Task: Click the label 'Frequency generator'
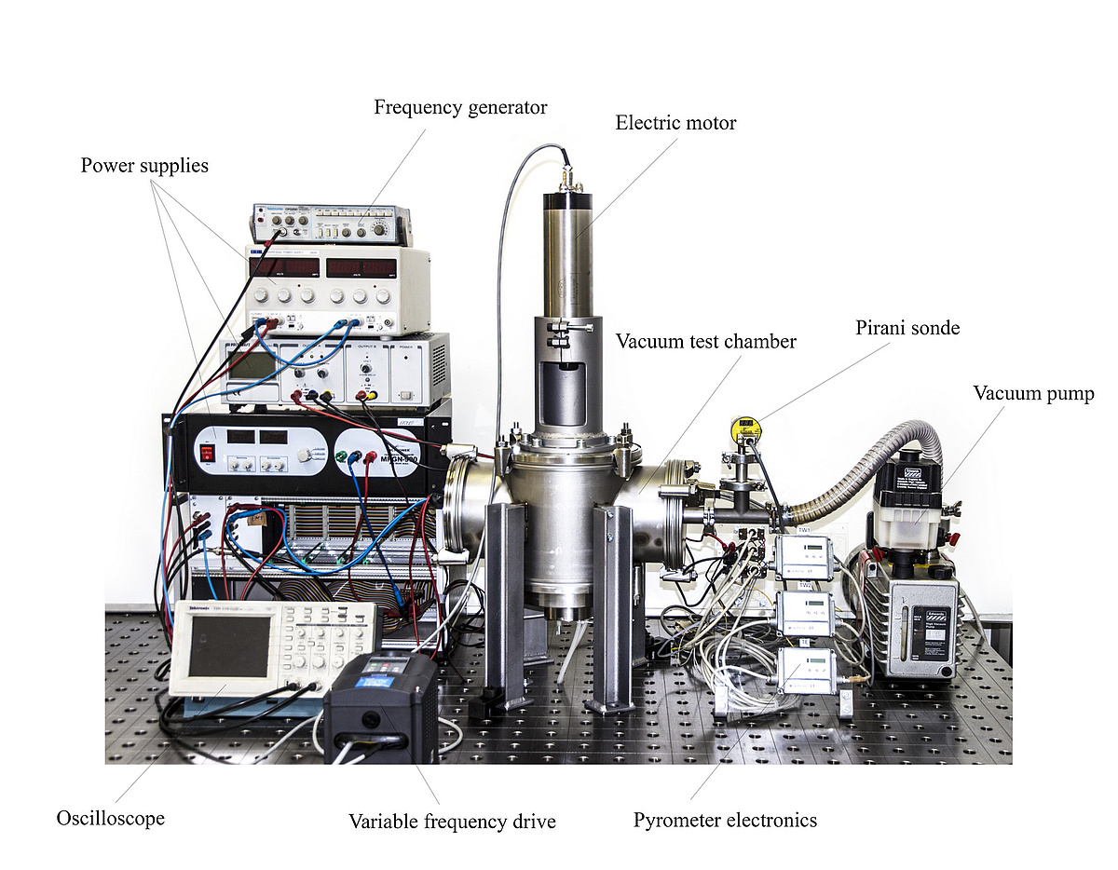[x=460, y=108]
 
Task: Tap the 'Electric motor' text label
[x=675, y=123]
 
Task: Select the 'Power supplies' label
[x=144, y=167]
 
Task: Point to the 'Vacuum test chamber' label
[x=705, y=342]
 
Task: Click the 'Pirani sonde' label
[x=907, y=328]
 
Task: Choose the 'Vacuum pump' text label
[x=1033, y=393]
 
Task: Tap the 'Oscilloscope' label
[x=110, y=819]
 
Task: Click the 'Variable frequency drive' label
[x=452, y=822]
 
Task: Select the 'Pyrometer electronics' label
[x=725, y=821]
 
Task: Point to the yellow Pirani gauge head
[x=745, y=429]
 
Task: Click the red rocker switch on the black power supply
[x=207, y=454]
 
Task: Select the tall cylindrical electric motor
[x=568, y=251]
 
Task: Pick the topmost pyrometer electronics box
[x=804, y=556]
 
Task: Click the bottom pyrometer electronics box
[x=807, y=670]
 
